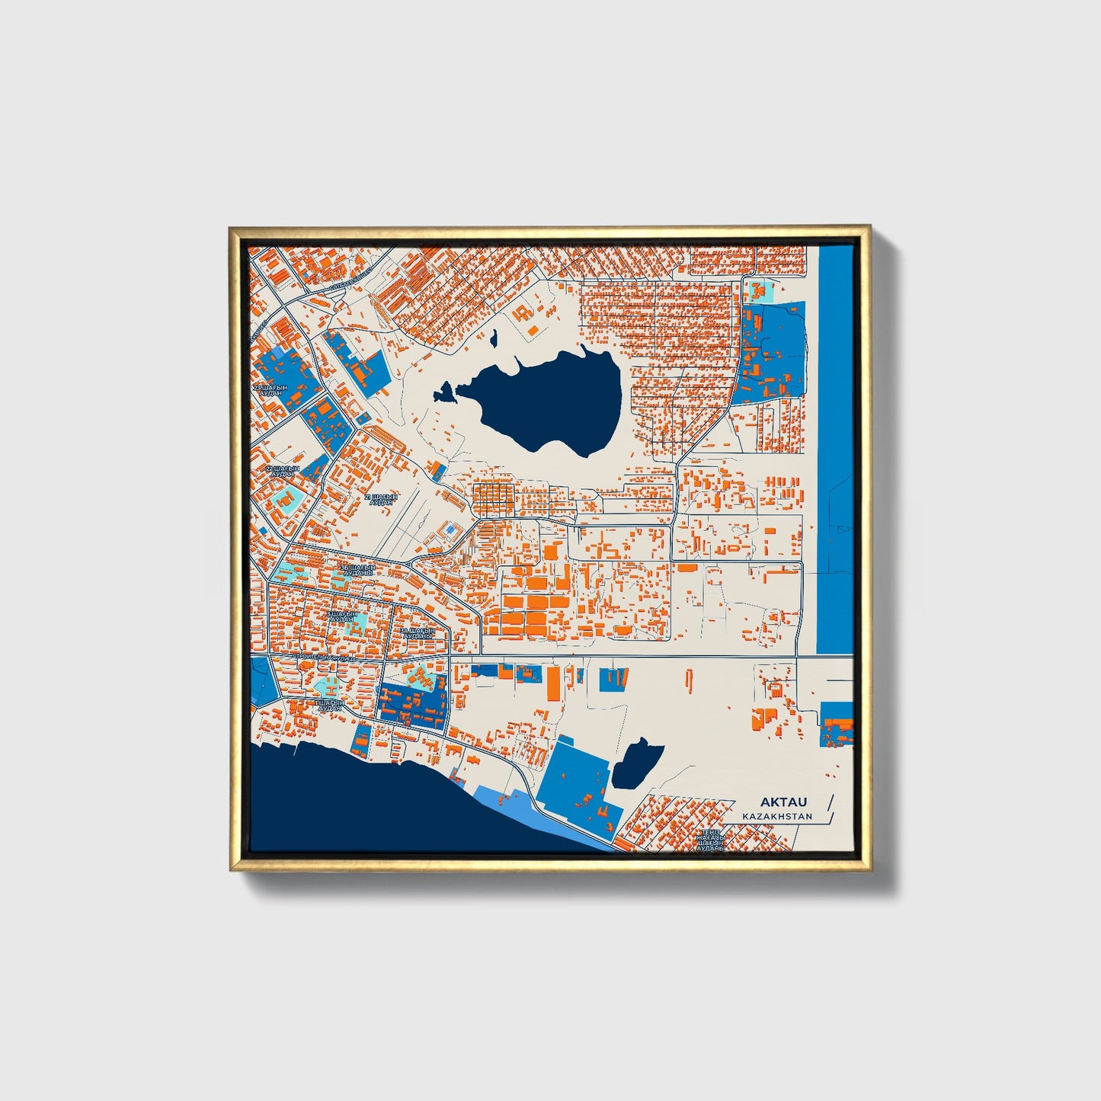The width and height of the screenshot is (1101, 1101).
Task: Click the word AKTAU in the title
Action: coord(783,802)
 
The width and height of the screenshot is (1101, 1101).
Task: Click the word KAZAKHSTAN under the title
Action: coord(777,816)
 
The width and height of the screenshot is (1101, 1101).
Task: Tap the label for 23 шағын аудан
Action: coord(271,390)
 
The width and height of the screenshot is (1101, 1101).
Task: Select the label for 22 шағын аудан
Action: coord(283,471)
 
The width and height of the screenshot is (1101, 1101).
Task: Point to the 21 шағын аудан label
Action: coord(381,499)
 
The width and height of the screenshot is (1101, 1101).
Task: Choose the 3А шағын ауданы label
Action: coord(417,633)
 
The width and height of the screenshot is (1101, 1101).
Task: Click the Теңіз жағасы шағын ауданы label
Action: coord(709,839)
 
